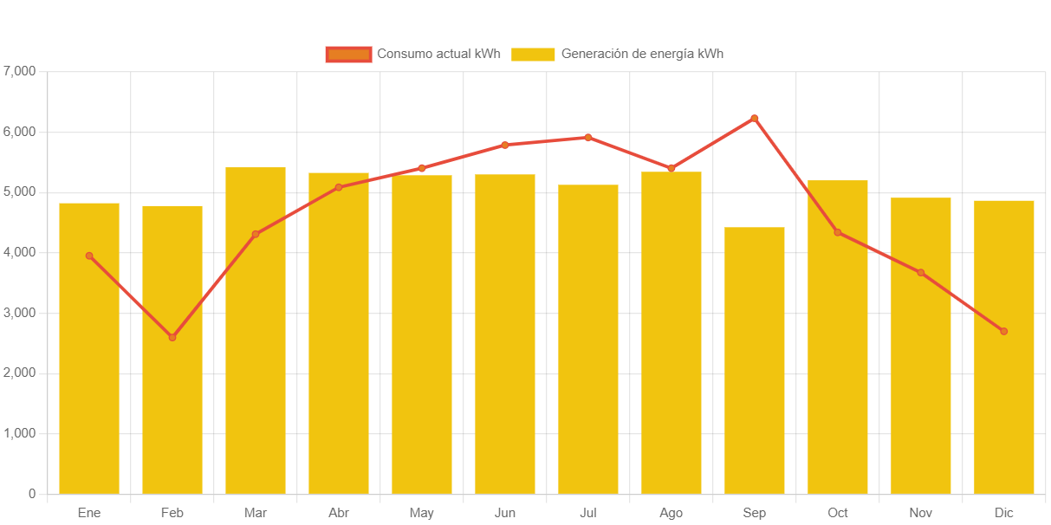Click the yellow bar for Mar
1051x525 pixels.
click(x=256, y=330)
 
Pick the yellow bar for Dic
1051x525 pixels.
click(x=1004, y=347)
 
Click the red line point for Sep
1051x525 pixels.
click(x=755, y=118)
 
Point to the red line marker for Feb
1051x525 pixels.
click(x=172, y=337)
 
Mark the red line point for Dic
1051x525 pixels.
click(x=1004, y=331)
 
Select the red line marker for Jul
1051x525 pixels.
click(x=588, y=137)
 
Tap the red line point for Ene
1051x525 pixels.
click(x=89, y=256)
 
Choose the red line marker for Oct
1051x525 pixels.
click(x=838, y=232)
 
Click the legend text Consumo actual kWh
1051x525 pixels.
click(x=438, y=54)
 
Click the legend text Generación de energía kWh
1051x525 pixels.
click(x=642, y=54)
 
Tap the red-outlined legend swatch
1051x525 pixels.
click(x=348, y=54)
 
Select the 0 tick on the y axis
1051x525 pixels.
click(x=32, y=494)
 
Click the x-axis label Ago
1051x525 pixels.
click(x=671, y=513)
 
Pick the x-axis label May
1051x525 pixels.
click(x=422, y=513)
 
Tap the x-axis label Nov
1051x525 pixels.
click(x=921, y=513)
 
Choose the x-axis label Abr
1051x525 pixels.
click(x=339, y=513)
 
